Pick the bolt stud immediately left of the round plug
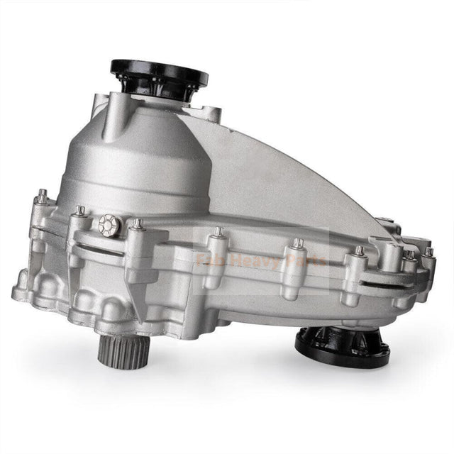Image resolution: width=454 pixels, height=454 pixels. (80, 211)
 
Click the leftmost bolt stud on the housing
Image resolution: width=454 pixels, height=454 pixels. (43, 194)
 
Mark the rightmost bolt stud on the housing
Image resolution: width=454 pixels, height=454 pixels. (428, 252)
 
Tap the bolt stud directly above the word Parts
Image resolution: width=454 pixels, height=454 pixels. (299, 244)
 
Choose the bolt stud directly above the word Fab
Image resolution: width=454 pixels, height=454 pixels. (218, 232)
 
